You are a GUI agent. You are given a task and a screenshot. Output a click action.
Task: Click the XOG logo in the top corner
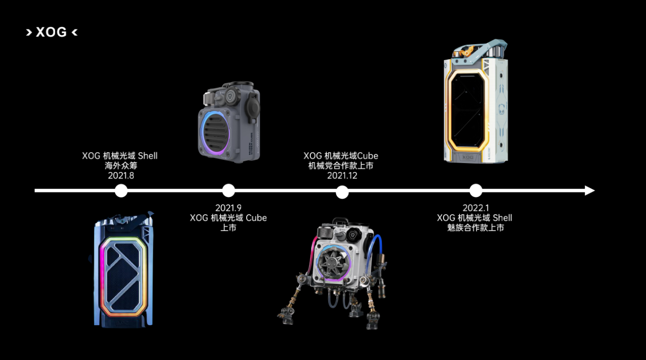point(52,32)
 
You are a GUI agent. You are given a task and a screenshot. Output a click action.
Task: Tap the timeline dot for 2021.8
point(121,190)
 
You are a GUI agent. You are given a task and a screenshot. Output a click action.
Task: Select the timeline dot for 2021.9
point(228,190)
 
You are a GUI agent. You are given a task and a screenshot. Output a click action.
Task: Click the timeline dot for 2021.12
point(342,192)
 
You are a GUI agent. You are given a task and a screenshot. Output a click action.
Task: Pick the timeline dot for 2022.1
point(475,190)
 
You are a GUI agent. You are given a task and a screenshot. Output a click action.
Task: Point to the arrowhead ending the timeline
point(590,190)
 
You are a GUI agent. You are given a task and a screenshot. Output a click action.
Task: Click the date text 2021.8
point(121,176)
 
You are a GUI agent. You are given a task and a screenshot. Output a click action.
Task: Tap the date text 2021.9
point(228,208)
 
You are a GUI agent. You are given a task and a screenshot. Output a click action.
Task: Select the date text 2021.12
point(342,176)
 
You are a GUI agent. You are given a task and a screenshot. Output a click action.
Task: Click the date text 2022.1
point(475,208)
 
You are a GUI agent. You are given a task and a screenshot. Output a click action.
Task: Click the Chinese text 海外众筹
point(121,166)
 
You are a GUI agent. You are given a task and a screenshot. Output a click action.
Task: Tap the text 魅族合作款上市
point(475,228)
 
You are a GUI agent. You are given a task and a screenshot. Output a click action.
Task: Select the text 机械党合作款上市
point(341,166)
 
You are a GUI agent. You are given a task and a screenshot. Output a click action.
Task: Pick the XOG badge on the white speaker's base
point(467,157)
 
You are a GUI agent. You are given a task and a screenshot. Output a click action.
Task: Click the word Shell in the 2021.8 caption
point(148,156)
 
